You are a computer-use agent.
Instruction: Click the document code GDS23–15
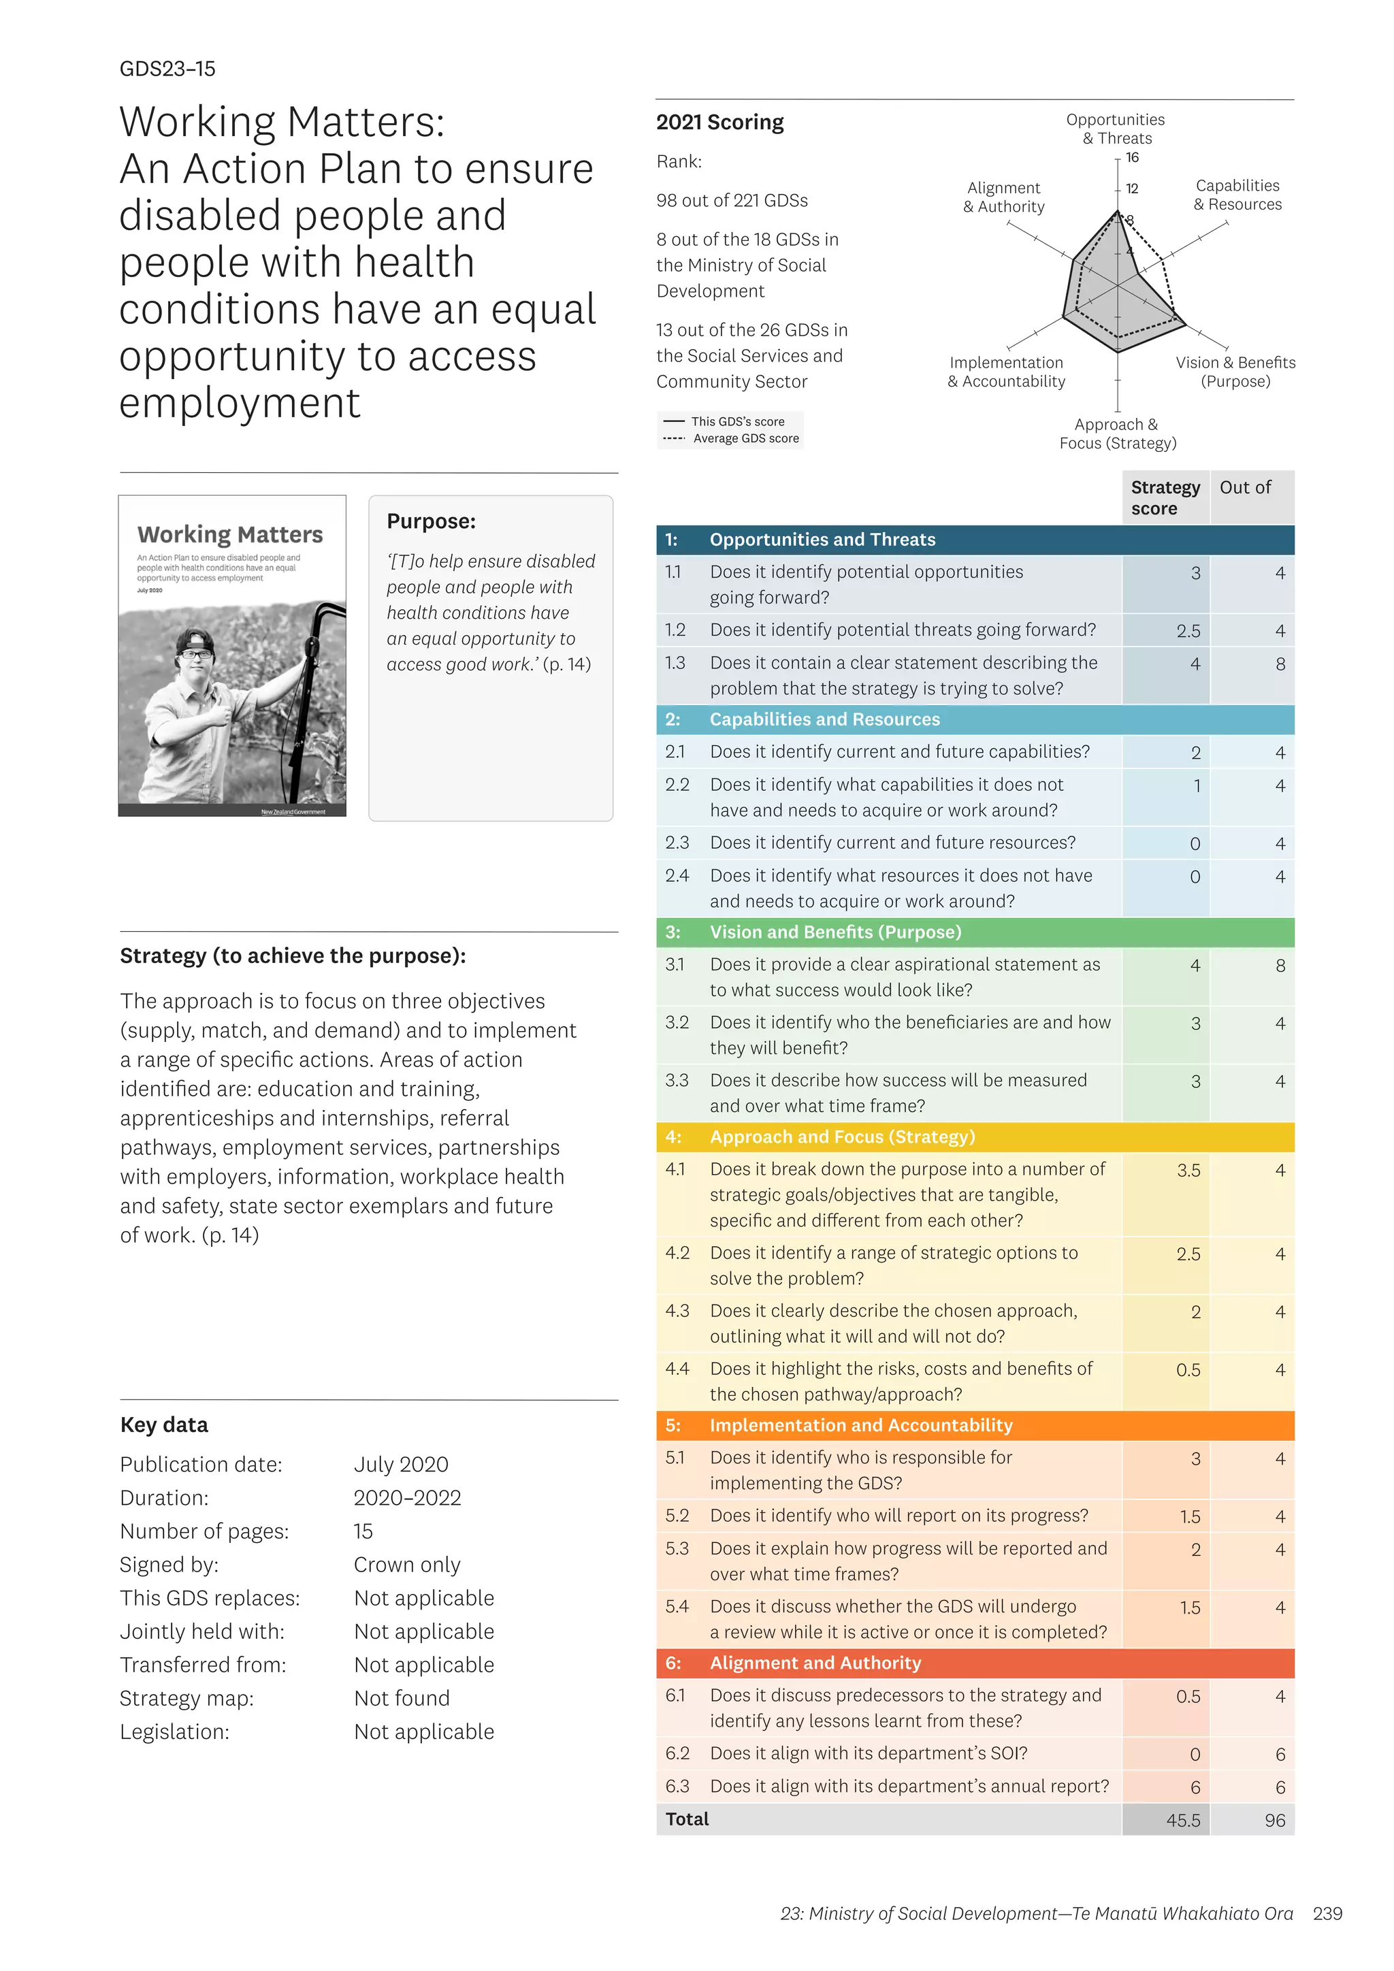(x=167, y=69)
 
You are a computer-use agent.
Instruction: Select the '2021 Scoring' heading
(x=719, y=122)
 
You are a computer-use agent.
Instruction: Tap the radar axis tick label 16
(x=1132, y=157)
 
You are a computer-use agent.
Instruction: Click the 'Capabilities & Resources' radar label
(x=1237, y=195)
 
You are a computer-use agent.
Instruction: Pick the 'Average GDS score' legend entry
(x=745, y=439)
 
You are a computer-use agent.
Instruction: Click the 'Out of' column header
(x=1245, y=487)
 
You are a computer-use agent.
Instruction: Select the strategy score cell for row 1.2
(x=1188, y=631)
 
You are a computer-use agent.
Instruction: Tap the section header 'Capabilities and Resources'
(x=824, y=719)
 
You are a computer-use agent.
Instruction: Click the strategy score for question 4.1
(x=1188, y=1170)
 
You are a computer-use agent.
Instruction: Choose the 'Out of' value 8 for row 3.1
(x=1280, y=966)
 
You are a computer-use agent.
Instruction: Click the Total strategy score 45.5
(x=1183, y=1820)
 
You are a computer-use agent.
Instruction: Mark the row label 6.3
(x=677, y=1787)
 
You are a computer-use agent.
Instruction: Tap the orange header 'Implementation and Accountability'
(x=861, y=1425)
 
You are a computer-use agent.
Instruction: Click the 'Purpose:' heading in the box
(x=431, y=521)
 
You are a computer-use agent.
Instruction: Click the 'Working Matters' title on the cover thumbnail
(x=230, y=535)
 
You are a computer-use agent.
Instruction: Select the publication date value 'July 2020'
(x=401, y=1465)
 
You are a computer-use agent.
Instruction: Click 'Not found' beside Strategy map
(x=402, y=1698)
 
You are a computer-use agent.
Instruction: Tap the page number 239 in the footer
(x=1327, y=1913)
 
